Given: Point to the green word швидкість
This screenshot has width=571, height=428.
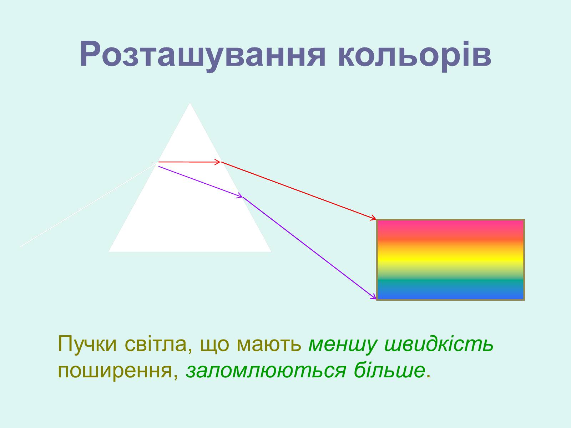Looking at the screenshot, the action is (x=439, y=343).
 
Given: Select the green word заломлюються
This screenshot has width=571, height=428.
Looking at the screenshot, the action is (x=266, y=370).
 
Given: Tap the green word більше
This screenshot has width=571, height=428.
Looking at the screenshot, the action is (x=389, y=369).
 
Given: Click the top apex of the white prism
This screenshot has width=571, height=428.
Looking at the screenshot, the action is (x=190, y=103).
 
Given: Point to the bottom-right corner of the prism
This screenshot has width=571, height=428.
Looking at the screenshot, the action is (x=271, y=251).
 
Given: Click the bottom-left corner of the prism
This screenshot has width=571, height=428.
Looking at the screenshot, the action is (x=109, y=251).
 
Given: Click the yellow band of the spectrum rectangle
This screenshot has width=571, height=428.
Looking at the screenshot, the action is (x=450, y=260).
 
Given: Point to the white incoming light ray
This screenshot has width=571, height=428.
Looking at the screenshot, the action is (x=89, y=204).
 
